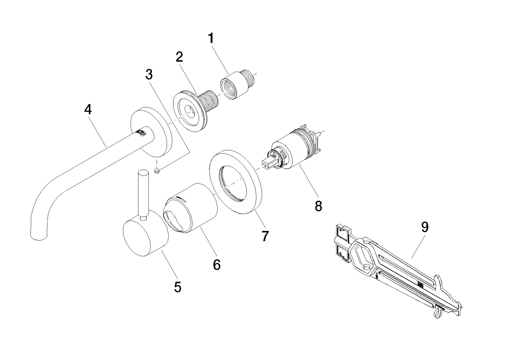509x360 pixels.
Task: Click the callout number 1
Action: coord(211,38)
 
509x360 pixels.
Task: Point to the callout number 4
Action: coord(88,109)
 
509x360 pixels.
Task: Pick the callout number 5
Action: coord(178,287)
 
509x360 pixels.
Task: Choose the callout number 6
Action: coord(217,265)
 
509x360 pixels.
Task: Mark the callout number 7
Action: coord(265,236)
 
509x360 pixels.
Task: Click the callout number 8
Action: coord(318,206)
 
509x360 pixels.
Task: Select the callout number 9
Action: coord(425,227)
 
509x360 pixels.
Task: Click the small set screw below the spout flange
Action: coord(157,170)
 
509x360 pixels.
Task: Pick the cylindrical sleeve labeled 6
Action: coord(190,208)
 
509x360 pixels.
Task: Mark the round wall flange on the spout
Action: coord(151,132)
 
